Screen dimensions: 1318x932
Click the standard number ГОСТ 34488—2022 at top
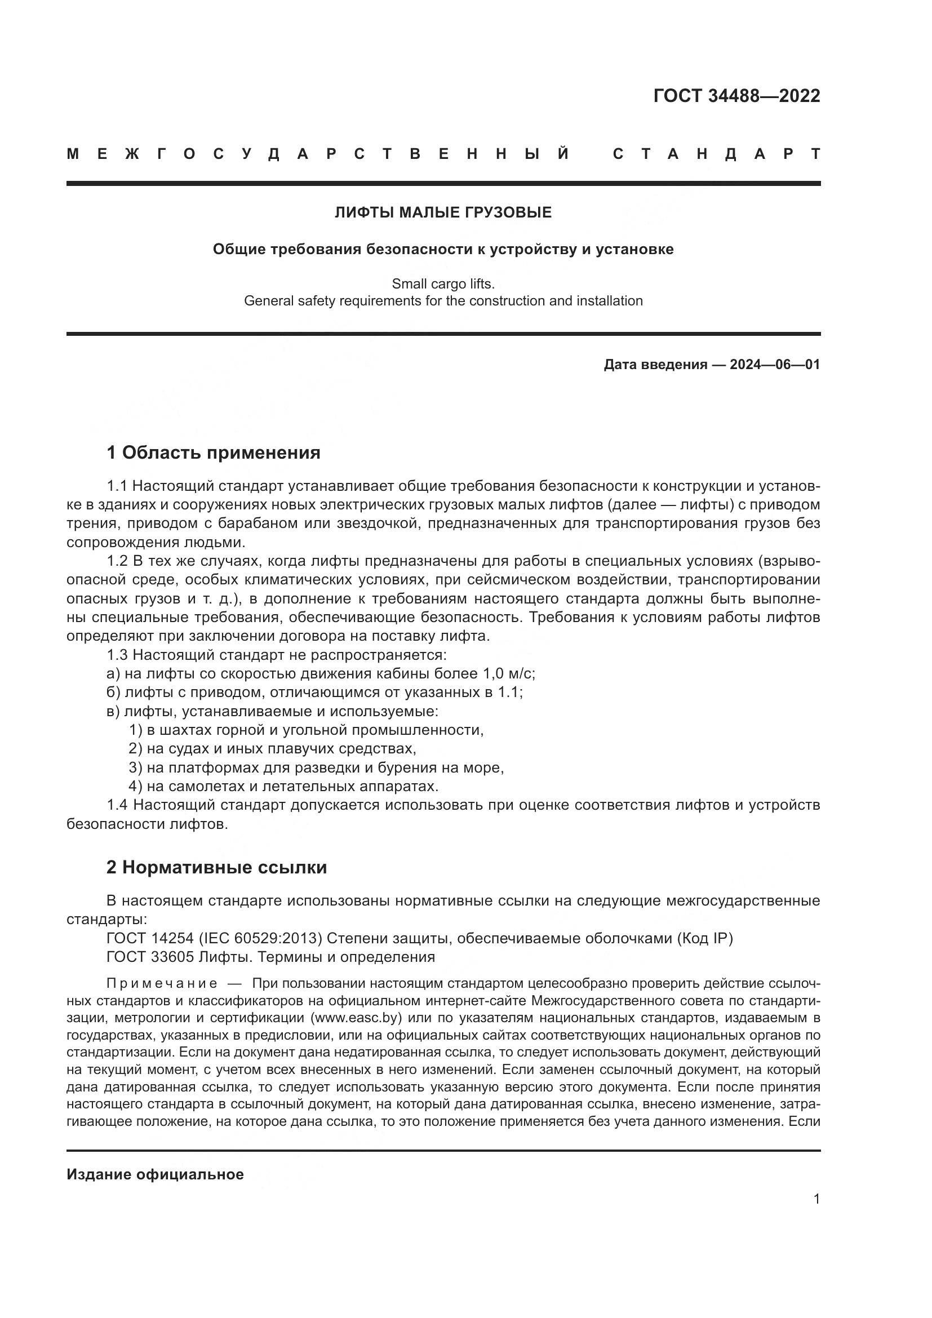(x=736, y=96)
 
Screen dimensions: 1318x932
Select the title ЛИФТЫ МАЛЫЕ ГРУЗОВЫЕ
(x=443, y=213)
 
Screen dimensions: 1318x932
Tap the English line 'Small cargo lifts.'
(x=443, y=283)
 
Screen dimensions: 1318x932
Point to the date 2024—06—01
(x=775, y=365)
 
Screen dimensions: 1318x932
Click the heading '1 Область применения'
(x=214, y=453)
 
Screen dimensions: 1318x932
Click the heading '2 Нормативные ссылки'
(x=216, y=867)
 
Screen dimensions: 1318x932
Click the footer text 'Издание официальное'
(x=155, y=1174)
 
